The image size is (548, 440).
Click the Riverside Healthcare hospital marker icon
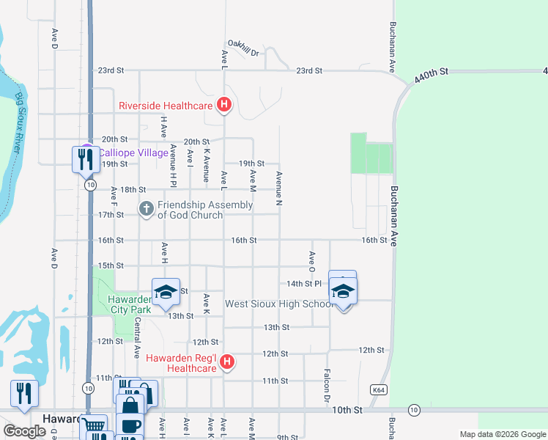pos(224,106)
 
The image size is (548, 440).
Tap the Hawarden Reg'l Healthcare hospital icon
pos(227,362)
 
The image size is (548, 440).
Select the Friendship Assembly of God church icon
pos(146,210)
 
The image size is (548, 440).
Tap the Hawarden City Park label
pos(130,304)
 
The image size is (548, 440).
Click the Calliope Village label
pos(126,153)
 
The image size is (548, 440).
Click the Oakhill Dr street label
pos(243,48)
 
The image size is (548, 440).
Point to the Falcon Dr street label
pos(326,386)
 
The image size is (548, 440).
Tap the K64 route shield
pos(378,390)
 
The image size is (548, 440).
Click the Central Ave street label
pos(137,338)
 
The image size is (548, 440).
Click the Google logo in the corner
pos(24,430)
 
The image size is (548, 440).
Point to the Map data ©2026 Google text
pos(503,434)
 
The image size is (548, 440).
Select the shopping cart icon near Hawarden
pos(94,426)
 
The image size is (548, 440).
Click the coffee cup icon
pos(130,426)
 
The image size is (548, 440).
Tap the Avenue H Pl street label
pos(174,162)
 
